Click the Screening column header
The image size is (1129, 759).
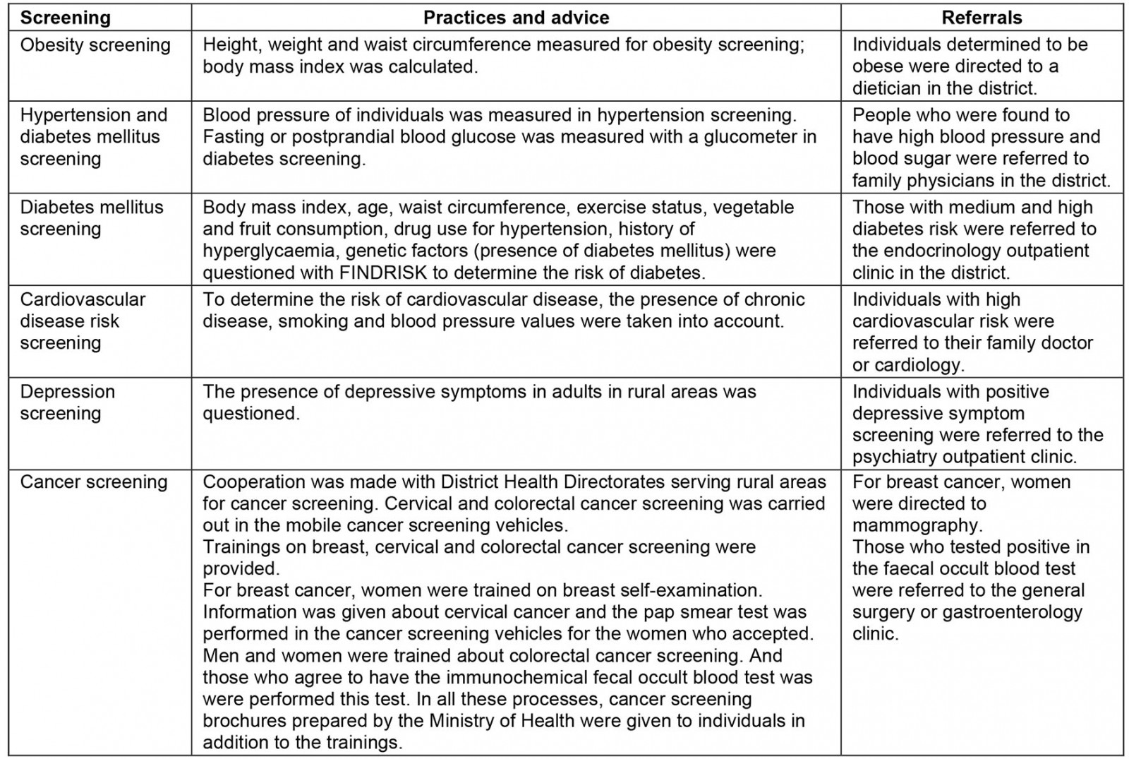[x=66, y=18]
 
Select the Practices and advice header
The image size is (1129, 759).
[x=516, y=18]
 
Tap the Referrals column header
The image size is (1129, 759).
[x=982, y=18]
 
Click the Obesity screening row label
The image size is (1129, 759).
[x=95, y=45]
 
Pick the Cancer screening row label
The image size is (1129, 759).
[x=94, y=482]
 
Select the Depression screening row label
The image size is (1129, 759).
[x=68, y=402]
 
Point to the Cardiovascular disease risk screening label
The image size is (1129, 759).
[x=83, y=321]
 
